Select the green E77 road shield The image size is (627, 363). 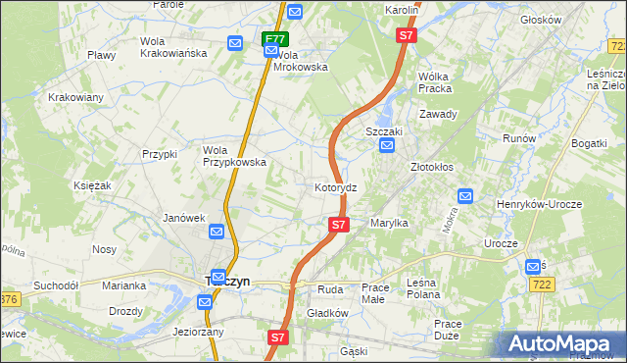(275, 40)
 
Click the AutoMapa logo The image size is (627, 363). (562, 344)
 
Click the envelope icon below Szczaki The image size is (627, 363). (387, 146)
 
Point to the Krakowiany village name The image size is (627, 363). (75, 97)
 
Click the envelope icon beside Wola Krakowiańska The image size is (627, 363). (235, 43)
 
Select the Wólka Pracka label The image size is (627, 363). (440, 80)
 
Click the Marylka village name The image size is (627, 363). (389, 223)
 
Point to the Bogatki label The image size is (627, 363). (590, 143)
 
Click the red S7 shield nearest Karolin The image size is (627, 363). (407, 35)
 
